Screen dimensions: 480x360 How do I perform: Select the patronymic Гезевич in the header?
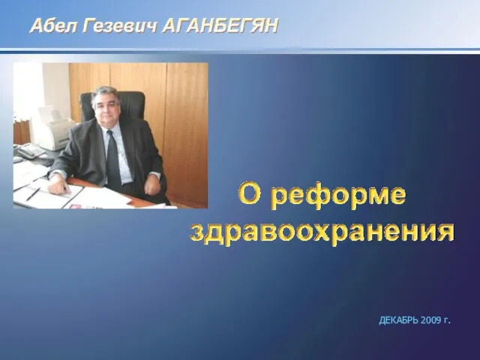(120, 25)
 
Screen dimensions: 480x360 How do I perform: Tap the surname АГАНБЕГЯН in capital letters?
(220, 25)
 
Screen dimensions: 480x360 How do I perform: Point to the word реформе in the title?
(338, 196)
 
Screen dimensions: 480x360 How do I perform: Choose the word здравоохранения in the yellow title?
(322, 232)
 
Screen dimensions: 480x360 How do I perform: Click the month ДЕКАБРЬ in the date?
(398, 320)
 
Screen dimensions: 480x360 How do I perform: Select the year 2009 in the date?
(430, 320)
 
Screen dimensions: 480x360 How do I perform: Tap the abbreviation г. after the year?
(447, 321)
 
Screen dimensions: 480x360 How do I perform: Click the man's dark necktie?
(113, 160)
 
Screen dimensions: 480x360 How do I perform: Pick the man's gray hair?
(106, 93)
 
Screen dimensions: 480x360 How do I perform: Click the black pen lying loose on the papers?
(33, 194)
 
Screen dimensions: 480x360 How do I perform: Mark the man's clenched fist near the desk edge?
(152, 184)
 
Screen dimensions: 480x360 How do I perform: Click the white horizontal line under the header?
(240, 49)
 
